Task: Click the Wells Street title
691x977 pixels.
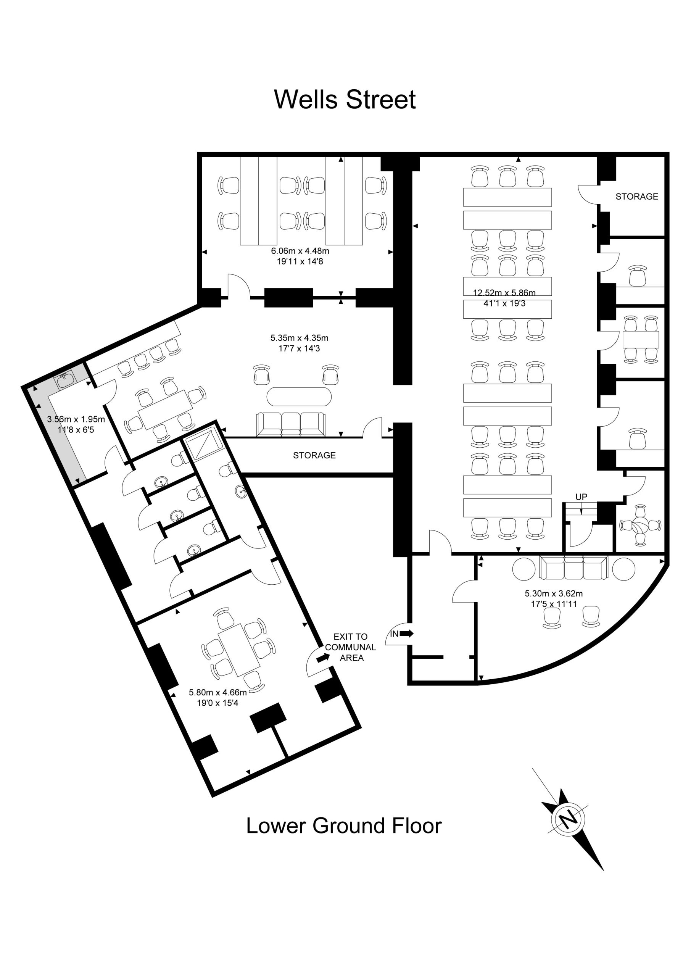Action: [x=345, y=100]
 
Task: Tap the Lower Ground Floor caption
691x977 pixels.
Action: [x=344, y=825]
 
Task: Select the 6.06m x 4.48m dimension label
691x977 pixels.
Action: [x=300, y=251]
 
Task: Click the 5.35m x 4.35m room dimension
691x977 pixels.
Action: [x=299, y=338]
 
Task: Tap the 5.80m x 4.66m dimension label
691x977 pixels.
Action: [x=218, y=692]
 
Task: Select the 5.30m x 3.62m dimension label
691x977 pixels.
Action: [x=554, y=593]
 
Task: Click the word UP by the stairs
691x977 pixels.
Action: [x=581, y=497]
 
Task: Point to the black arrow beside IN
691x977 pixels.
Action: [x=407, y=634]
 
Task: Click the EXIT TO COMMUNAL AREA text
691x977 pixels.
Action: [x=351, y=647]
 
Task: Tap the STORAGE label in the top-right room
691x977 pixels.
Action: [x=636, y=197]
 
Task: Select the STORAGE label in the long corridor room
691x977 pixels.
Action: [x=314, y=455]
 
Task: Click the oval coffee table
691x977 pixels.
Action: [x=299, y=397]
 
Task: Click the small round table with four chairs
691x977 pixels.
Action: [x=640, y=525]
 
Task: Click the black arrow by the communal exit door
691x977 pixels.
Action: [x=323, y=658]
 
